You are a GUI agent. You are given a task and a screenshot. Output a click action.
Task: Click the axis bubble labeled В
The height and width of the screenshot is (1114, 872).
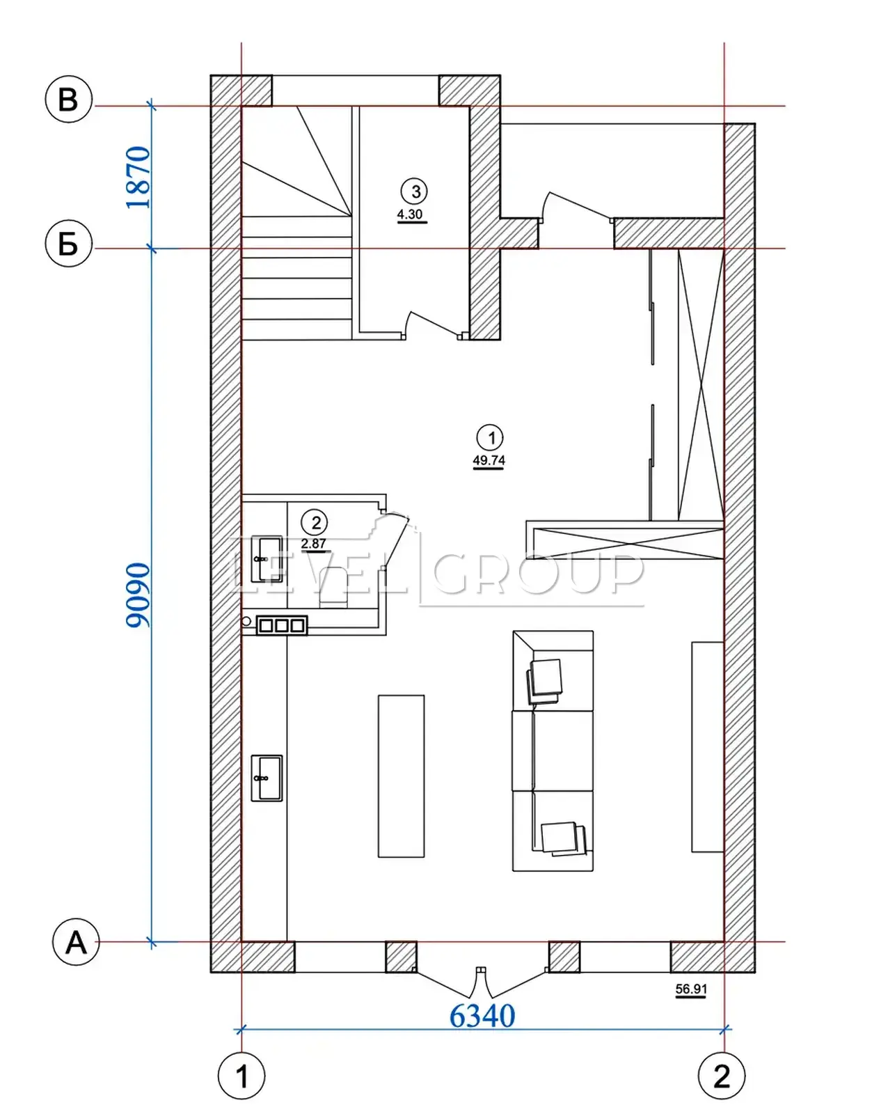(69, 99)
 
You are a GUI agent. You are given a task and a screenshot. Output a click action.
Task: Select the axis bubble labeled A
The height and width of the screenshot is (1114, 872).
(76, 942)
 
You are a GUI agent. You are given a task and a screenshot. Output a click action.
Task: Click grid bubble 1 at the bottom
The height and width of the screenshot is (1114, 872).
(241, 1076)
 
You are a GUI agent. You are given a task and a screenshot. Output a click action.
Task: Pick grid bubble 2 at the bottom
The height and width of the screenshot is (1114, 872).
(722, 1076)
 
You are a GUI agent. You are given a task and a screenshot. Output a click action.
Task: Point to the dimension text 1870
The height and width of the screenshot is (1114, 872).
(139, 178)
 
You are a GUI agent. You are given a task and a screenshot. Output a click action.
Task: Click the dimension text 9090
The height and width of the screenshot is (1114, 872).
(139, 595)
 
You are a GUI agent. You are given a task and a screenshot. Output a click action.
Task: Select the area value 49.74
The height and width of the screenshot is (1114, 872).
(489, 460)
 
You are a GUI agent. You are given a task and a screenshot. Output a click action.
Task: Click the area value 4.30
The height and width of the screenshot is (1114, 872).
(410, 214)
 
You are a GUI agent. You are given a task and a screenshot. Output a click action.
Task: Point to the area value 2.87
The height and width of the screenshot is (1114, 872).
(314, 543)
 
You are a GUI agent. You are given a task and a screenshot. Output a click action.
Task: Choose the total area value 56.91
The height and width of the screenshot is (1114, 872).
(691, 989)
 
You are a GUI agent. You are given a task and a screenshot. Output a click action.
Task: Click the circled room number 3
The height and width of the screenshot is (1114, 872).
(415, 191)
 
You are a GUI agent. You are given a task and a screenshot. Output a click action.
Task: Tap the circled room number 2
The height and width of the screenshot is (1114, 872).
(316, 523)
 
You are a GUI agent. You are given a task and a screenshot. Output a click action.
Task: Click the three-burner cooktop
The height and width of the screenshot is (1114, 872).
(282, 625)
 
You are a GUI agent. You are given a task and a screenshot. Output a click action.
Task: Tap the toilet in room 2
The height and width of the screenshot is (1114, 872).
(333, 588)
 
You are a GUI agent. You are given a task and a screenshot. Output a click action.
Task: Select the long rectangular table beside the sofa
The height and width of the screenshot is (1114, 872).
(401, 776)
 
